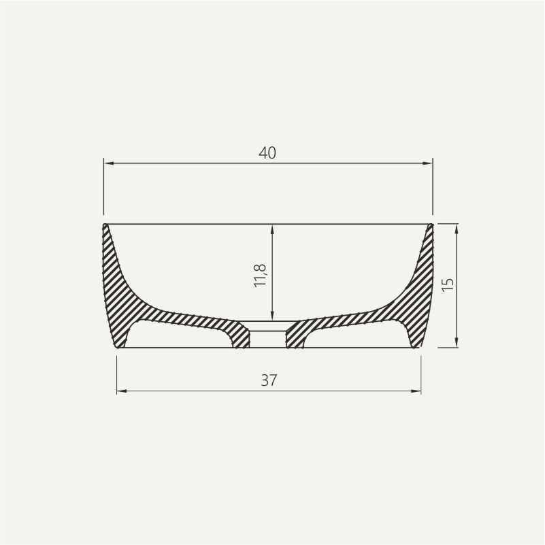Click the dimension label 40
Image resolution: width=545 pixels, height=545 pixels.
267,153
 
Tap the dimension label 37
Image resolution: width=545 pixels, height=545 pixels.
269,380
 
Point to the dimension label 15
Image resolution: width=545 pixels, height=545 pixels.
447,284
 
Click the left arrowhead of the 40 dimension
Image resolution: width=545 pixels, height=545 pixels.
108,163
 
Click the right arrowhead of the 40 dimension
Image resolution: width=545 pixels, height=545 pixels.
429,163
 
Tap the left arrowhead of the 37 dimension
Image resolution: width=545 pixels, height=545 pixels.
120,391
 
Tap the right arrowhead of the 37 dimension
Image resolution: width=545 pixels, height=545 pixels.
416,391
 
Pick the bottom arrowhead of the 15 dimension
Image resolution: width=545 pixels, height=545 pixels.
457,344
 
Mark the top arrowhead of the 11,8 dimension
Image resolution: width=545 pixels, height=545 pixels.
272,229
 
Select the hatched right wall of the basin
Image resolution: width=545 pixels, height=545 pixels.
422,286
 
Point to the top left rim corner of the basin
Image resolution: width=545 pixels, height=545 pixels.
105,224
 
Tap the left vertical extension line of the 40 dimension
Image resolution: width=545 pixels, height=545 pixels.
104,191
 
